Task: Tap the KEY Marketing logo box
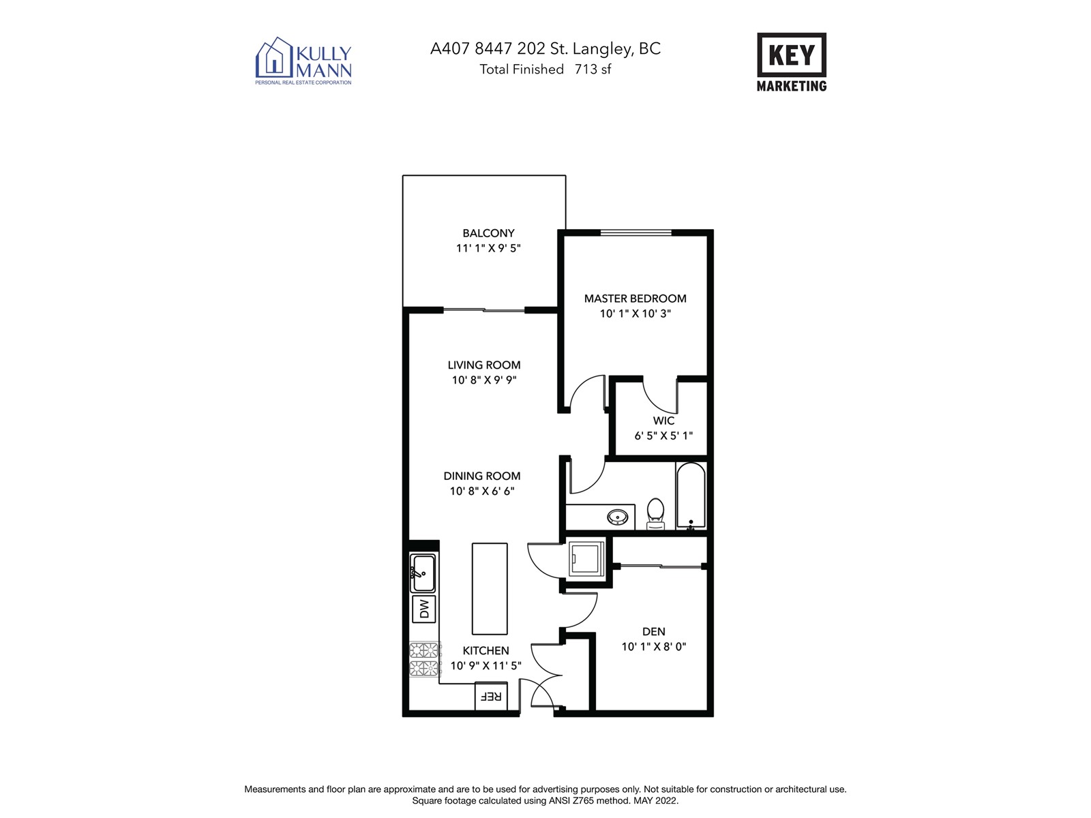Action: (791, 55)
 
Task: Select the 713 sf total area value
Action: (593, 69)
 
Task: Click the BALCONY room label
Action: (488, 233)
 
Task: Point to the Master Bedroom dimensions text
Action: (635, 314)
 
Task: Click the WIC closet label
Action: (663, 421)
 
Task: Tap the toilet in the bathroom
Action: (655, 513)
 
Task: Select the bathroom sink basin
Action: (617, 517)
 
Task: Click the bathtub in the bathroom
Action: (690, 496)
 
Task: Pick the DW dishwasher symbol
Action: (423, 609)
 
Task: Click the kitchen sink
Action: (423, 573)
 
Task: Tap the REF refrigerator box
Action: (490, 696)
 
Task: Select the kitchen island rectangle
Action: (490, 588)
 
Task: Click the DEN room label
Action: (653, 631)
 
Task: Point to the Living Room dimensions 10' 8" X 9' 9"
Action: (483, 380)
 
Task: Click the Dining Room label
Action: (481, 476)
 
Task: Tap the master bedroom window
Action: (636, 232)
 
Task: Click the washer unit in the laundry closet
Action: (586, 558)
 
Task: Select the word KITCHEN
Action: (485, 650)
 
